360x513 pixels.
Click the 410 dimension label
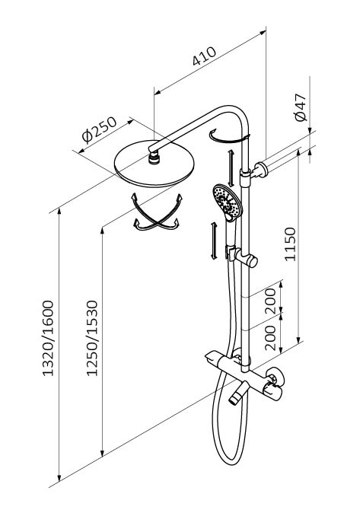pyautogui.click(x=204, y=56)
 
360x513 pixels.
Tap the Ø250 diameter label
pyautogui.click(x=99, y=130)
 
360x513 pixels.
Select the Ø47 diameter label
pyautogui.click(x=301, y=107)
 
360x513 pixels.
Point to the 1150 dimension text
pyautogui.click(x=290, y=244)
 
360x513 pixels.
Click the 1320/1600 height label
pyautogui.click(x=48, y=338)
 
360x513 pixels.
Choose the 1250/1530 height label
pyautogui.click(x=92, y=338)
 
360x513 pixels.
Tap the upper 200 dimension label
pyautogui.click(x=270, y=301)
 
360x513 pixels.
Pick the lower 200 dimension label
pyautogui.click(x=270, y=338)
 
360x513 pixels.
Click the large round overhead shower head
pyautogui.click(x=155, y=164)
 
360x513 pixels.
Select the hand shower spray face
pyautogui.click(x=228, y=201)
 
